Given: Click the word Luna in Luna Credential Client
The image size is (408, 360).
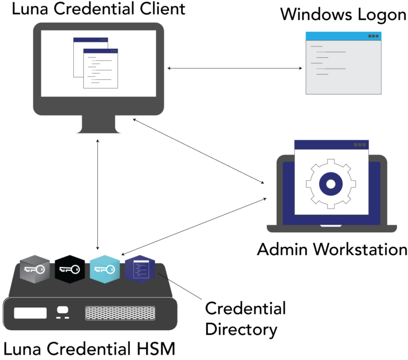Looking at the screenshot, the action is [30, 9].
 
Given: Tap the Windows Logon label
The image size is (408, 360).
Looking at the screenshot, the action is [343, 14].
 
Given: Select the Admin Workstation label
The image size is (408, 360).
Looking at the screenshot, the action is [332, 249].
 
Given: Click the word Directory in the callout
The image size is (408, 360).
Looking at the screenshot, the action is [241, 329].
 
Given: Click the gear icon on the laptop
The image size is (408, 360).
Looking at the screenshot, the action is [331, 184].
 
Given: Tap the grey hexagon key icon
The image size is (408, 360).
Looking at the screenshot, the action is [35, 270].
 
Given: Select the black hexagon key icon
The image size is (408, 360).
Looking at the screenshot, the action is [70, 270].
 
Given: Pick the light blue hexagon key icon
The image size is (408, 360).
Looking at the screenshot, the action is [105, 270].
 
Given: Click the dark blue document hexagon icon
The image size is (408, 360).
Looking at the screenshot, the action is [140, 270].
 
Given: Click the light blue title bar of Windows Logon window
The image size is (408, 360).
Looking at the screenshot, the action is [344, 36].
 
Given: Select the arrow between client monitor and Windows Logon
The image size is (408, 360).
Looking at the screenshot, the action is [234, 68].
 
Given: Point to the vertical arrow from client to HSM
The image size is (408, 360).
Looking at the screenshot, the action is [98, 195].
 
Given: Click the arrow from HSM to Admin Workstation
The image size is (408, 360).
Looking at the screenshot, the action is [194, 227].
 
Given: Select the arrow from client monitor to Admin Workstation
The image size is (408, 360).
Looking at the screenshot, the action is [199, 151].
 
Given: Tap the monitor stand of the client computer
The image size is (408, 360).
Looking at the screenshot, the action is [98, 124].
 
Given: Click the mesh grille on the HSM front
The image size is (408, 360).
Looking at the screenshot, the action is [120, 313].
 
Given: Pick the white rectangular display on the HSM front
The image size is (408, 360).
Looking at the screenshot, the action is [30, 313].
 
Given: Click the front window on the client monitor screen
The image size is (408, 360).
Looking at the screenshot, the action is [100, 69].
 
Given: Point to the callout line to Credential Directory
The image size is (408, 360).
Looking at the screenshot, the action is [180, 286].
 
